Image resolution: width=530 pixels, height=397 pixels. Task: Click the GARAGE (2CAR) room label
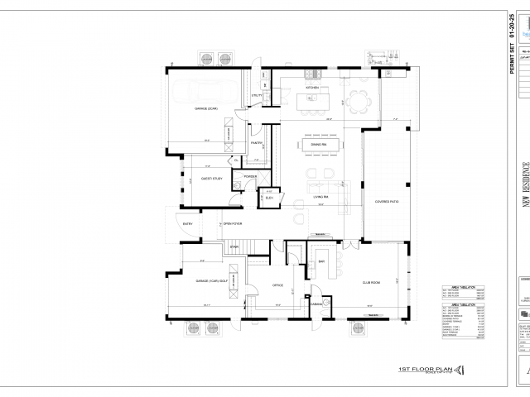click(206, 108)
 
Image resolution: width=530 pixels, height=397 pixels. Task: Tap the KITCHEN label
click(313, 87)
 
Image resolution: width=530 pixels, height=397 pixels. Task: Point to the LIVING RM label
click(320, 197)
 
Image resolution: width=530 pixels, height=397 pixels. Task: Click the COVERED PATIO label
click(388, 201)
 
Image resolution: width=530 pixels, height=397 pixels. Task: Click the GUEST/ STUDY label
click(212, 178)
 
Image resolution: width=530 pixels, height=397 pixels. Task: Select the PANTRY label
click(257, 143)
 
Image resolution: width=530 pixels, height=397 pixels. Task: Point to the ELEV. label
click(270, 197)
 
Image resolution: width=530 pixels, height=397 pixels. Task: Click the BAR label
click(321, 262)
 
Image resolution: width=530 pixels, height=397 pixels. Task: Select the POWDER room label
click(250, 176)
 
